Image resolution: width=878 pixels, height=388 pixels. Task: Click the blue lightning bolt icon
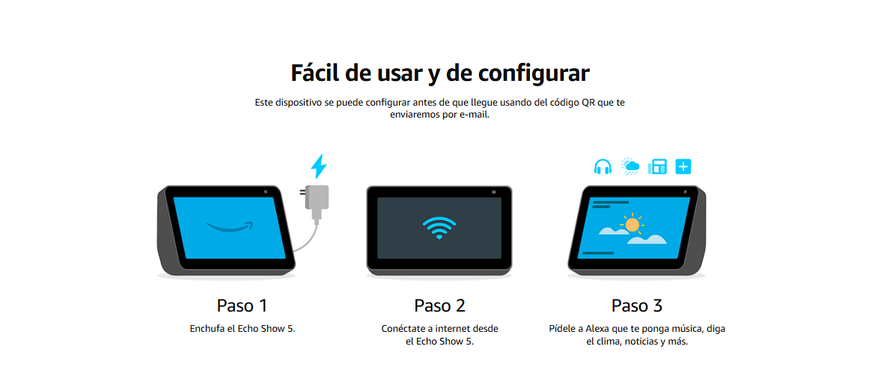coord(318,166)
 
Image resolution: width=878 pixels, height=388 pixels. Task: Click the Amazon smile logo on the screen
coord(230,226)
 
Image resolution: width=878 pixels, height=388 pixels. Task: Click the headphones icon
coord(603,166)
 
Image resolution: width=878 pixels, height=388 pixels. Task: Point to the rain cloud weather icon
coord(630,166)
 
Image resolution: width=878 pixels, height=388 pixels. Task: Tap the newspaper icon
coord(657,166)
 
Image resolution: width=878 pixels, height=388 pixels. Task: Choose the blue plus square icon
coord(683,166)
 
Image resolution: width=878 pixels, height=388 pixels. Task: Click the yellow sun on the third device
coord(632,224)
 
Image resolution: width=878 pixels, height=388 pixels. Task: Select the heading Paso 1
coord(242,306)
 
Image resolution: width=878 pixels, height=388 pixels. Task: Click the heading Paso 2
coord(439,306)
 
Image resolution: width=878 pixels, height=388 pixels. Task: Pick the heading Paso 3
coord(637,306)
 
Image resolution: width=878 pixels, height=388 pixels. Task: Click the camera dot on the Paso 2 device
coord(493,193)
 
